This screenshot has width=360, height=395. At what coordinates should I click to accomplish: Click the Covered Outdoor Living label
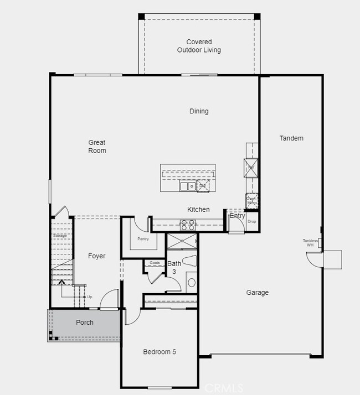click(x=199, y=46)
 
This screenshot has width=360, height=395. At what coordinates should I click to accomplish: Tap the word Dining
click(x=199, y=111)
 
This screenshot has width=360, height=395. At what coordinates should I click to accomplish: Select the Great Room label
click(x=97, y=147)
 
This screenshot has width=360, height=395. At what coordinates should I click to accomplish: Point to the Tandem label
click(x=291, y=138)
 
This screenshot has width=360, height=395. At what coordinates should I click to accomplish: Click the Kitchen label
click(x=198, y=209)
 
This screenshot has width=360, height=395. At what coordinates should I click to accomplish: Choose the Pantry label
click(x=143, y=239)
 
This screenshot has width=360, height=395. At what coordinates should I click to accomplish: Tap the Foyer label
click(x=97, y=256)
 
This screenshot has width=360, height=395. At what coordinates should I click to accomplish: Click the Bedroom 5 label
click(x=160, y=352)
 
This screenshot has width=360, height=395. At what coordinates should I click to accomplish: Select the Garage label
click(x=258, y=293)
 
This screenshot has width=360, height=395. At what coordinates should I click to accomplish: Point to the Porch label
click(x=85, y=323)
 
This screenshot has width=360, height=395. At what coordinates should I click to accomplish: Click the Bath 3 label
click(x=174, y=268)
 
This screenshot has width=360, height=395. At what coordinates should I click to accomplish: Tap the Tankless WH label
click(x=310, y=243)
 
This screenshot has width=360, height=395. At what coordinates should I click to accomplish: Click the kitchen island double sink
click(x=187, y=186)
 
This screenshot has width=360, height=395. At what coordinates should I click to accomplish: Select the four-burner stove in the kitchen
click(x=188, y=225)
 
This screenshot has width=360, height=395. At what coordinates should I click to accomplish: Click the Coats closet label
click(x=155, y=263)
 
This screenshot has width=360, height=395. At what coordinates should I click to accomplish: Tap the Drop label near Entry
click(x=252, y=222)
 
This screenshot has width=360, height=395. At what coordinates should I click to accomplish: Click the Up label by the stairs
click(x=90, y=297)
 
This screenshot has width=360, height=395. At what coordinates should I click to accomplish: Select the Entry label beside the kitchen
click(x=237, y=216)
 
